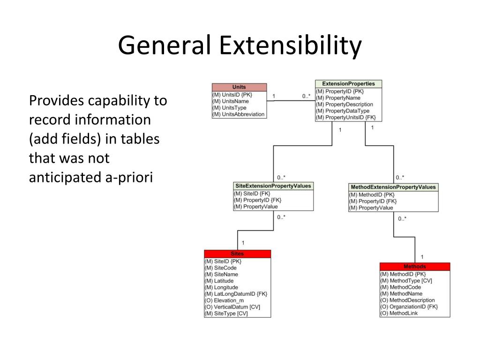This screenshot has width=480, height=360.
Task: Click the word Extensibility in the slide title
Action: pos(290,46)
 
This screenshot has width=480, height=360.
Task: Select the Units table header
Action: pos(239,87)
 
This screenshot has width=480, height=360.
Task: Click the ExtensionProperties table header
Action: pos(348,84)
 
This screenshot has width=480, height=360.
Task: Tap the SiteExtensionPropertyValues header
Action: pos(273,186)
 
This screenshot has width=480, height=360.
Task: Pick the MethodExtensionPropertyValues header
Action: pos(393,187)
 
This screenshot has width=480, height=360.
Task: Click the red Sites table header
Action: pos(238,254)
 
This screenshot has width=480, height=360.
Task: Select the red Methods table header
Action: pos(415,267)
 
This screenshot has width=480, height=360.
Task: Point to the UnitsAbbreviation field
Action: pos(239,114)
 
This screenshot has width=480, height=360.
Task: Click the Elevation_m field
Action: pos(224,300)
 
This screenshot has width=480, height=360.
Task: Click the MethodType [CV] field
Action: pos(406,281)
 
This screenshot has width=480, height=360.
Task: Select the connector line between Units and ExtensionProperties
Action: pos(291,101)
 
